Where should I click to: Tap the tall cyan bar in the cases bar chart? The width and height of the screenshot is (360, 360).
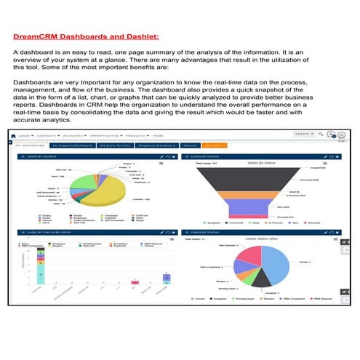pyautogui.click(x=41, y=266)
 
